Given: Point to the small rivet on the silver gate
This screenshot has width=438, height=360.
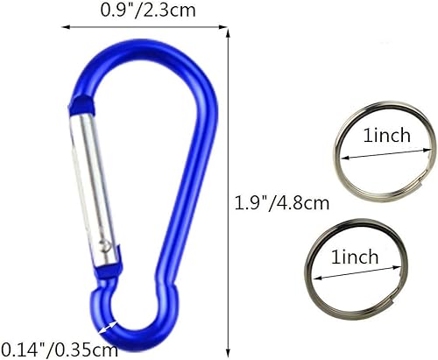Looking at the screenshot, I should tap(106, 237).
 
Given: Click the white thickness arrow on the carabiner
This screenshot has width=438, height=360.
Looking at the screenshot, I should tap(110, 327).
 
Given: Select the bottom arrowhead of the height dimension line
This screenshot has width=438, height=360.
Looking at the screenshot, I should tap(230, 347).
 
